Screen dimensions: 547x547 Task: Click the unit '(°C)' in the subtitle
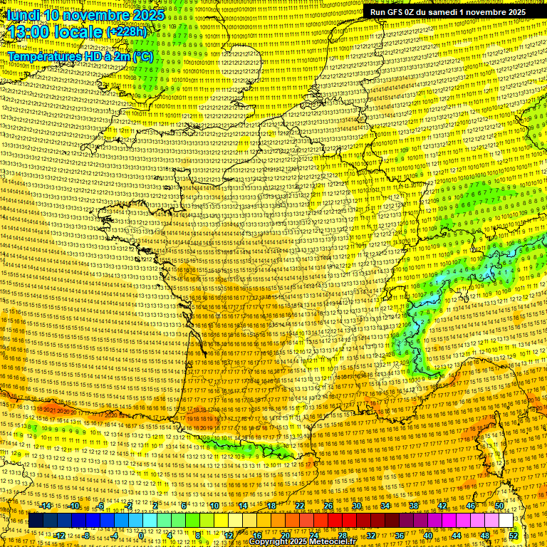142,56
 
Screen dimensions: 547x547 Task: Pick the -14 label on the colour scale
46,506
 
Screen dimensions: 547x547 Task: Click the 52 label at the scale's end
514,536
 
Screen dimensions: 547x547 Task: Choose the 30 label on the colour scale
357,506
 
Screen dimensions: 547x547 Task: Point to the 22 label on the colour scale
300,506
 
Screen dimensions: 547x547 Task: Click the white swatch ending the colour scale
506,521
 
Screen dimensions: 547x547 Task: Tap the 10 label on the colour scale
214,506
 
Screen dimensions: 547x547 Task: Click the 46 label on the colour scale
471,506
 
